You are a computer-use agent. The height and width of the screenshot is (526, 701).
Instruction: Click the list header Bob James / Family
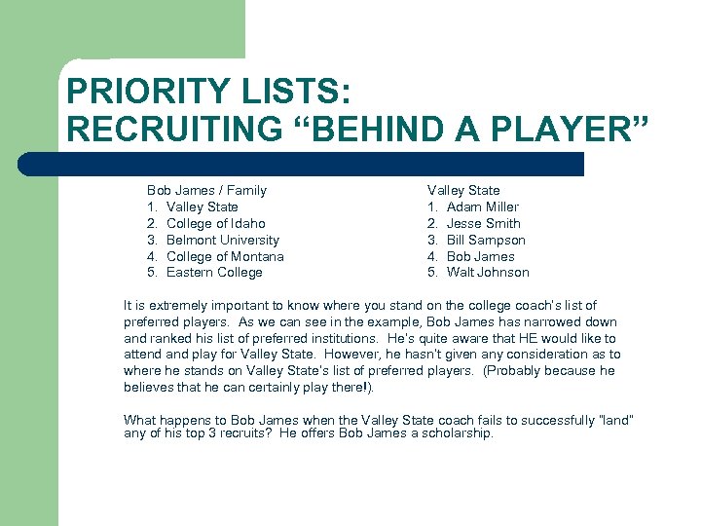pos(206,190)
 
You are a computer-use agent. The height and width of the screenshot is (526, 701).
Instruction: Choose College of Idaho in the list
pos(216,223)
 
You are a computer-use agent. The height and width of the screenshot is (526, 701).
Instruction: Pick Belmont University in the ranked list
pos(223,240)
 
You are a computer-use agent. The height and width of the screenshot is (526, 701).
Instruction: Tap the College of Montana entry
pos(226,256)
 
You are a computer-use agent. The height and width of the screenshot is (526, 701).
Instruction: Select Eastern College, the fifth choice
pos(214,272)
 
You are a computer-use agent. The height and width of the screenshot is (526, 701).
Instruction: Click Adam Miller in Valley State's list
pos(483,207)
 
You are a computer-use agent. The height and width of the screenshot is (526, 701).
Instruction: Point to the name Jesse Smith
pos(484,223)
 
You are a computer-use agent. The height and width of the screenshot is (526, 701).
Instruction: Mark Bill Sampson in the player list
pos(486,240)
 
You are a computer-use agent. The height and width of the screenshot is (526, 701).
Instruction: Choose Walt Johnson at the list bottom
pos(488,272)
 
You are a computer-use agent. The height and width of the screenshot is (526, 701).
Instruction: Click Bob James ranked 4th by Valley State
pos(481,256)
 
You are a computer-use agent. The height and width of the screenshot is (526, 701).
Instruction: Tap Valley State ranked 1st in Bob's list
pos(203,207)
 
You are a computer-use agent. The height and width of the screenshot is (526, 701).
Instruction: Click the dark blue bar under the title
pos(321,164)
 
